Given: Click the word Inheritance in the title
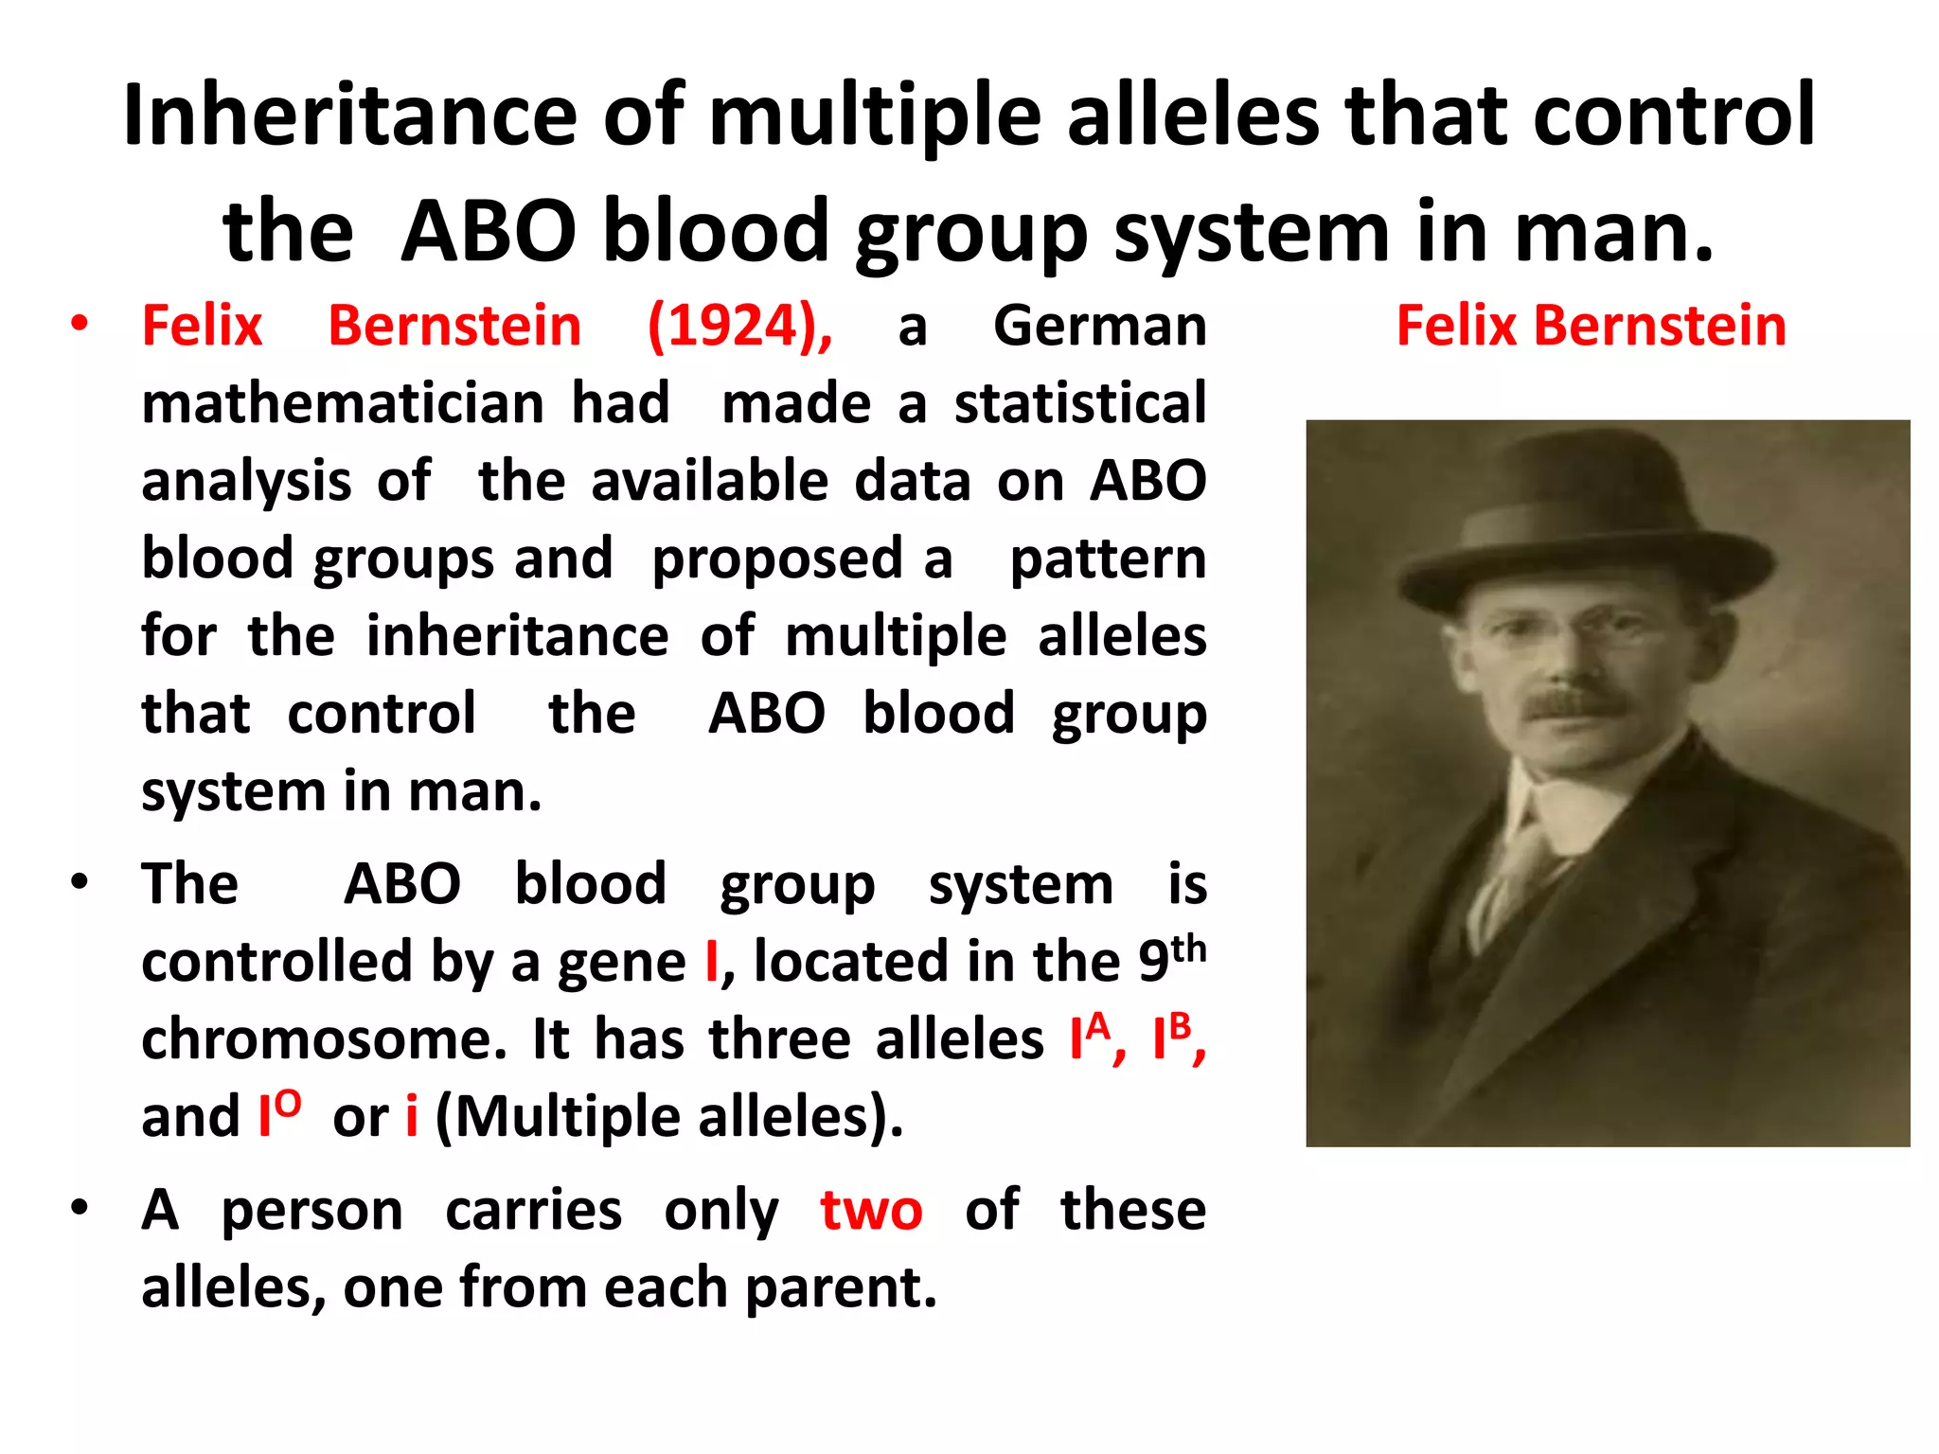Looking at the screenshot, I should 349,115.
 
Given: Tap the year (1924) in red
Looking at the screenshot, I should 739,327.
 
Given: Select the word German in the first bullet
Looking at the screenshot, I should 1099,327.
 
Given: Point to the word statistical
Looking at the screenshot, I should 1079,404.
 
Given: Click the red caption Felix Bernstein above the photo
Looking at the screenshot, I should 1591,327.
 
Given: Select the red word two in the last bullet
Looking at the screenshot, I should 870,1211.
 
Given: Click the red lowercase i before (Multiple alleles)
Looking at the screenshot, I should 412,1117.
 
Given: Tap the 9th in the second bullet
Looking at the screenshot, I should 1171,958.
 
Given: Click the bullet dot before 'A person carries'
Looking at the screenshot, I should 80,1208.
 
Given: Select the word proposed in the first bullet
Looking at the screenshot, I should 776,559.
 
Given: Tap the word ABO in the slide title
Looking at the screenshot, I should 488,232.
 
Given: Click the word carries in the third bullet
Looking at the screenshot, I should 533,1211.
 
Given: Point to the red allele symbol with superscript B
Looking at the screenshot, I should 1171,1037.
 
